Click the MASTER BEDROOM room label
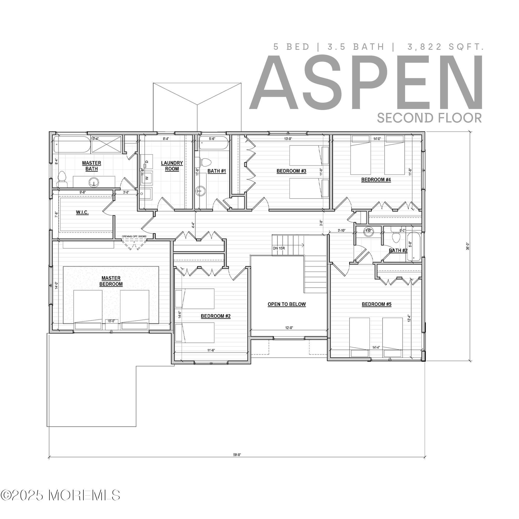coord(111,281)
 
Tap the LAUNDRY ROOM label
coord(172,166)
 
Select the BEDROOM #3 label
coord(291,171)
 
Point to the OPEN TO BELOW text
coord(287,304)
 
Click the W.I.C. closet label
coord(82,213)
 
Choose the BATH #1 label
coord(216,171)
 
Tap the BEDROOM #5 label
coord(376,304)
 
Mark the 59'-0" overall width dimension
coord(237,455)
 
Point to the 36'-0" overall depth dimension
coord(468,246)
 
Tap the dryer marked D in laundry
coord(147,161)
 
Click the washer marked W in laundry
coord(147,178)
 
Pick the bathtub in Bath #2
coord(414,247)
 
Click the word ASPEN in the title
coord(366,83)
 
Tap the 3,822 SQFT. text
coord(445,47)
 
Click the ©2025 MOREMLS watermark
coord(60,501)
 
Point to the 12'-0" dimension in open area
coord(289,327)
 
